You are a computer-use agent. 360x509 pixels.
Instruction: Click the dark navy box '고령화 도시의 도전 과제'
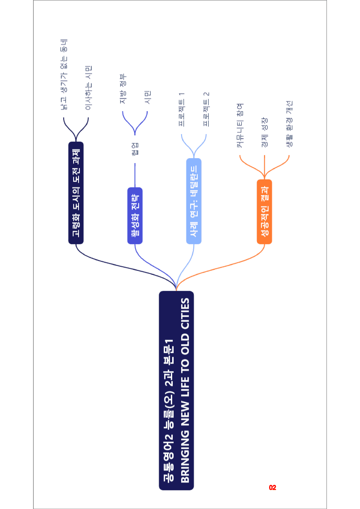click(x=76, y=193)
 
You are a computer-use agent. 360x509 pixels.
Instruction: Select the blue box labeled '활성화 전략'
click(x=135, y=216)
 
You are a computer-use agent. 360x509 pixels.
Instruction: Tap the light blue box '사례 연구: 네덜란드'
click(x=194, y=201)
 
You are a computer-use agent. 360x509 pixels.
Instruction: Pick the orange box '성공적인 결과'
click(x=264, y=212)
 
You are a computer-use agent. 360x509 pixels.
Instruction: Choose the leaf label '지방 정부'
click(x=123, y=89)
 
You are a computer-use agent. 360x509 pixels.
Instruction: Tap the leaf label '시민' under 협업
click(x=148, y=97)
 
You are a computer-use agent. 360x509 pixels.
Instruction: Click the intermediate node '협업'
click(x=135, y=149)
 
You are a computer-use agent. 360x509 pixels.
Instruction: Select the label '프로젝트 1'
click(x=182, y=109)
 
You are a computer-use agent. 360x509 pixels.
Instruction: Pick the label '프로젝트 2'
click(x=206, y=109)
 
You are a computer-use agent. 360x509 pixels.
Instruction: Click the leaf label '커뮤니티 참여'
click(x=240, y=125)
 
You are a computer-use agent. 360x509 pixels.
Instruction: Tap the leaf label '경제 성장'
click(x=264, y=132)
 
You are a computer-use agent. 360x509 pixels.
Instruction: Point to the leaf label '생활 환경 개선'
click(x=289, y=124)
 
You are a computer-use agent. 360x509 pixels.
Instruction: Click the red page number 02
click(x=273, y=488)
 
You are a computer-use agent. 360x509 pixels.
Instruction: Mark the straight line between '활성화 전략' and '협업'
click(x=135, y=175)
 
